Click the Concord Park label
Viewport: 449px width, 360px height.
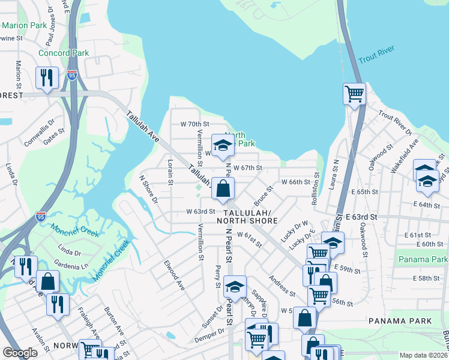64,53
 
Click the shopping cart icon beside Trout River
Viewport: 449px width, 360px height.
354,94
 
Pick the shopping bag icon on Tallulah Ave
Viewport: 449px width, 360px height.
223,188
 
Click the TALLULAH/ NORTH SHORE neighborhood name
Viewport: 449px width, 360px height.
251,217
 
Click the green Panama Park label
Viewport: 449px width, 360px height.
422,259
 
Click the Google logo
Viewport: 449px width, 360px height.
20,353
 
